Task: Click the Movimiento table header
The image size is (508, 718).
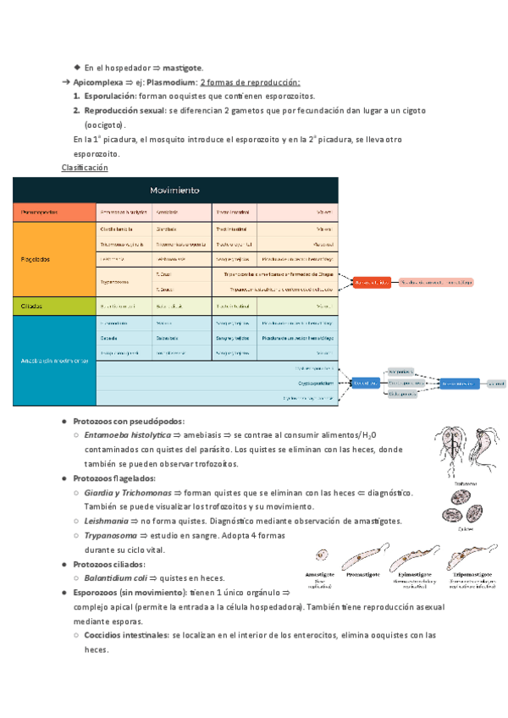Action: [175, 190]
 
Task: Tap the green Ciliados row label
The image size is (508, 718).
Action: [29, 306]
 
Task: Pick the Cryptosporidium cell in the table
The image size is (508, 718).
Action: [313, 383]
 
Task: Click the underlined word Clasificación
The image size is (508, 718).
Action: [86, 168]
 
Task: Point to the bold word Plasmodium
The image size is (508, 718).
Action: [170, 82]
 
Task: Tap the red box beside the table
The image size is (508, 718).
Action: [372, 281]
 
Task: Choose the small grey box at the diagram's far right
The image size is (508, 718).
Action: [495, 384]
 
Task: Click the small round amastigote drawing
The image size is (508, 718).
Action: [322, 555]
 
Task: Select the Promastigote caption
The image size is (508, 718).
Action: [362, 574]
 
